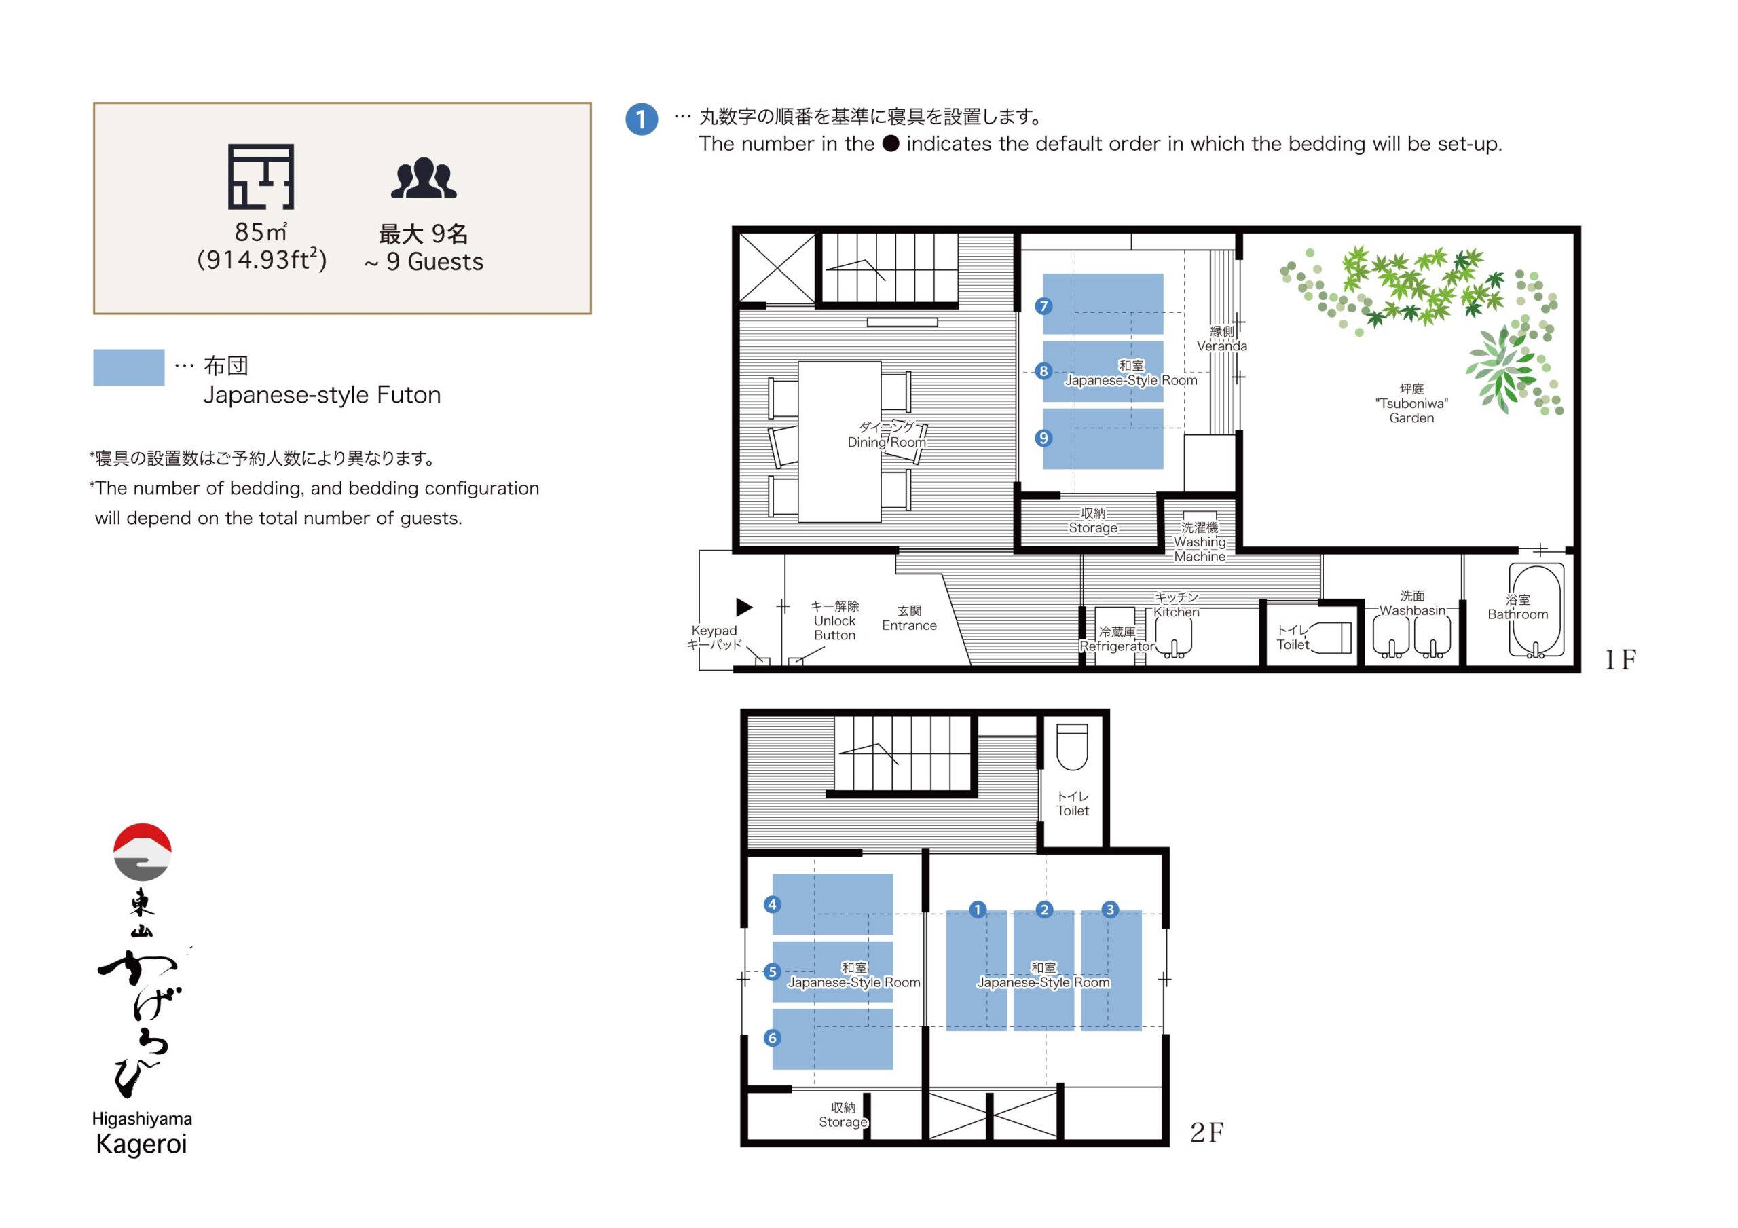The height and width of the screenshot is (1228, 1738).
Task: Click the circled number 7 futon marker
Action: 1044,306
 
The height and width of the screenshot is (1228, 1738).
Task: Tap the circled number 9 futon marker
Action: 1044,438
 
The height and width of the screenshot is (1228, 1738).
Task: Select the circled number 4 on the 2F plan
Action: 772,904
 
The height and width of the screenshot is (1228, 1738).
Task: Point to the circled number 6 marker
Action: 772,1038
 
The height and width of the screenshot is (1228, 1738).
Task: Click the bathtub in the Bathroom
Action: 1536,610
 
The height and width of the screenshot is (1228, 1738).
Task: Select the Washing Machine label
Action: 1200,542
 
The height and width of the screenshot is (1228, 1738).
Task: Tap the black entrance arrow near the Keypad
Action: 744,606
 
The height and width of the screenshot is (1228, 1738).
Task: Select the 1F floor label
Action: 1620,660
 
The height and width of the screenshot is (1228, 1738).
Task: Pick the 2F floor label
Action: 1206,1132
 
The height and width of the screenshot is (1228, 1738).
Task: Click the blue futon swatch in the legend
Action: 129,367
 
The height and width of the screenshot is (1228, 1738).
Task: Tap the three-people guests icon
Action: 423,179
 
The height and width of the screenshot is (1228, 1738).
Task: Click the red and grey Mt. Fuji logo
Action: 143,852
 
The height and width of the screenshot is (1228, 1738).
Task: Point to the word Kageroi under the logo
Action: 142,1144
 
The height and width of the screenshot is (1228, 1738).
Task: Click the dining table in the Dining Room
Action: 840,442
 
